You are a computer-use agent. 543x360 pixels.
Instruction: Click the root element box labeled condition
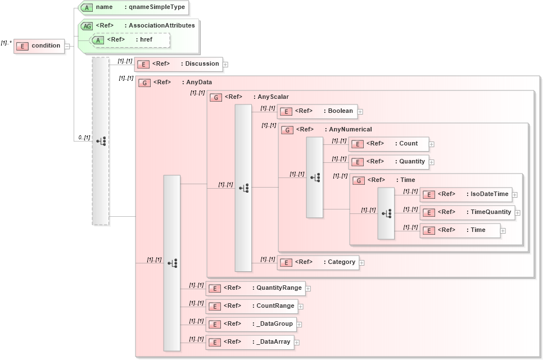click(x=39, y=45)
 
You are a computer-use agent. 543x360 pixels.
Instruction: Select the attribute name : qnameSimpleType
click(x=133, y=7)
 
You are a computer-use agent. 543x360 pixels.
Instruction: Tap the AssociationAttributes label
click(x=161, y=25)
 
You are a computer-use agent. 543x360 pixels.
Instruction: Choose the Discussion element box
click(x=179, y=64)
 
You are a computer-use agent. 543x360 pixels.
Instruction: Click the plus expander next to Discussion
click(x=225, y=64)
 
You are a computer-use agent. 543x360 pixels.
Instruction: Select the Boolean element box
click(x=318, y=111)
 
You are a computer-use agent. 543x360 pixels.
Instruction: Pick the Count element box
click(x=388, y=144)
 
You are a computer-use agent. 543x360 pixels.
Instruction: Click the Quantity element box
click(x=388, y=162)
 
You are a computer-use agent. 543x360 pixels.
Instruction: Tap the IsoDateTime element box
click(x=466, y=194)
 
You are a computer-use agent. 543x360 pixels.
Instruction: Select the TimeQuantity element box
click(x=467, y=212)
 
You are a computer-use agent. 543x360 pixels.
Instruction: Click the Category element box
click(x=318, y=262)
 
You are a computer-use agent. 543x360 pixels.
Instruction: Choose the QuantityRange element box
click(x=256, y=288)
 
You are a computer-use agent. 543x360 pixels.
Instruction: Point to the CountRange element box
click(x=252, y=306)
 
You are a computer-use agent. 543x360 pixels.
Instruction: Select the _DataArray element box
click(x=250, y=341)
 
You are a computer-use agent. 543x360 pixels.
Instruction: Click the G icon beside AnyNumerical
click(x=287, y=130)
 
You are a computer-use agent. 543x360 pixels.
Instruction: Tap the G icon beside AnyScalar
click(x=215, y=97)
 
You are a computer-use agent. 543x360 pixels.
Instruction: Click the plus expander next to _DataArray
click(x=297, y=342)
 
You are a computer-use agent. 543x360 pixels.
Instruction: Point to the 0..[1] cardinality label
click(x=84, y=138)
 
